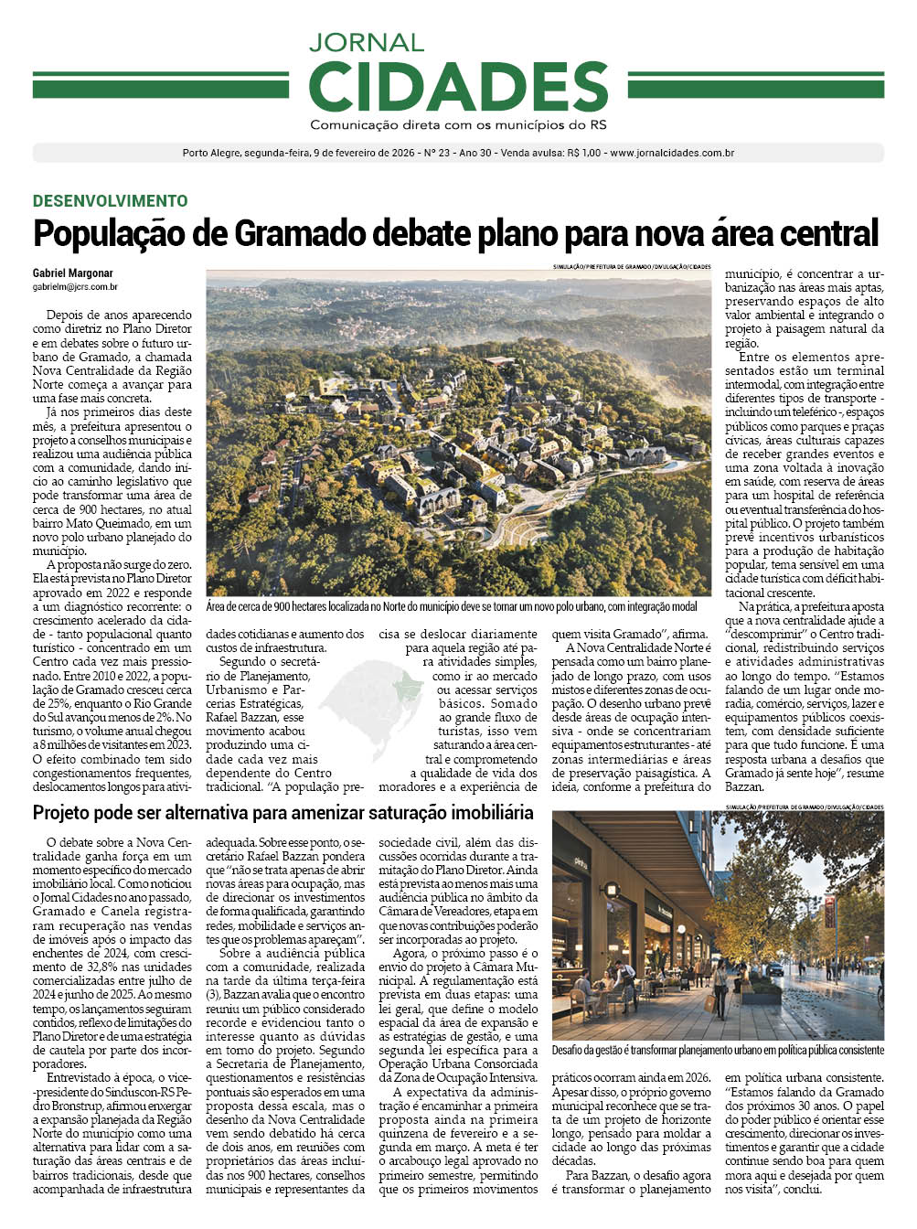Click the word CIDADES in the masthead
coord(458,87)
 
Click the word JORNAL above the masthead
coord(366,42)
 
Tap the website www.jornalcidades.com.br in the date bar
coord(672,154)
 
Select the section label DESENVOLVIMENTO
coord(111,201)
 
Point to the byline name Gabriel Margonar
coord(73,273)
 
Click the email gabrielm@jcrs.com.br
coord(75,287)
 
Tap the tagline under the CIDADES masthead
coord(458,124)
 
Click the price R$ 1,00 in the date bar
coord(583,154)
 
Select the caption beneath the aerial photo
coord(452,606)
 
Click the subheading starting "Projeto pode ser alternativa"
coord(283,813)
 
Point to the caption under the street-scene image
coord(718,1051)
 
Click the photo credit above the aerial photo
coord(631,267)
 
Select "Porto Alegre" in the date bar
coord(211,154)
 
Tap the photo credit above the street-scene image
coord(804,807)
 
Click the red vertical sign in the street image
coord(829,911)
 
